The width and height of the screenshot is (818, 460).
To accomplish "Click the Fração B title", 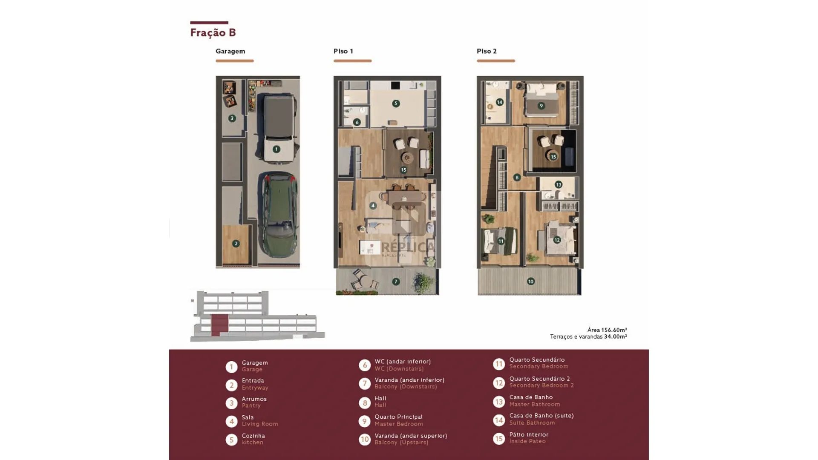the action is point(213,32).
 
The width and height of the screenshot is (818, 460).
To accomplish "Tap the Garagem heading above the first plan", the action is point(230,51).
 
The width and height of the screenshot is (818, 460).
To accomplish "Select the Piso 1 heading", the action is point(343,51).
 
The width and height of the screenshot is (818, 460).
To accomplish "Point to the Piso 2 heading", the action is point(487,51).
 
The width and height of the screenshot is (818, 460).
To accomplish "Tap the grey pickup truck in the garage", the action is point(278,128).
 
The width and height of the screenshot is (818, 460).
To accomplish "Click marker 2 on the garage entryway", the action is point(236,244).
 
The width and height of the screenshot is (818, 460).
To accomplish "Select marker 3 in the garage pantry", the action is point(232,118).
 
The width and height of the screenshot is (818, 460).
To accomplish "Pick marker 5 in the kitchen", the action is point(396,103).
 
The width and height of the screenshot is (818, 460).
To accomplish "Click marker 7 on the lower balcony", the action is point(396,282).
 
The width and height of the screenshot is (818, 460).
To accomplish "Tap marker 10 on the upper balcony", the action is point(531,282).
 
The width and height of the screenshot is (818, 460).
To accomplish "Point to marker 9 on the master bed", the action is point(541,106).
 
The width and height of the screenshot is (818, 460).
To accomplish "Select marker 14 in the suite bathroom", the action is point(500,102).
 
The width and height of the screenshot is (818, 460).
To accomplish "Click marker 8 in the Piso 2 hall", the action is point(517,178).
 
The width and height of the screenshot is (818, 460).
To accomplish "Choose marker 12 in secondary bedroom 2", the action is point(557,240).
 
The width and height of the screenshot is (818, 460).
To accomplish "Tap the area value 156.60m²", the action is point(614,330).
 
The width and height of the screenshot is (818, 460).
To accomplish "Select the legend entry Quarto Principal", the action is point(399,417).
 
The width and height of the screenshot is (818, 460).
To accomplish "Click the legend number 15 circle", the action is point(499,439).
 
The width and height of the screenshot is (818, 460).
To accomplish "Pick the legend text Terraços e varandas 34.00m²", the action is point(588,336).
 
